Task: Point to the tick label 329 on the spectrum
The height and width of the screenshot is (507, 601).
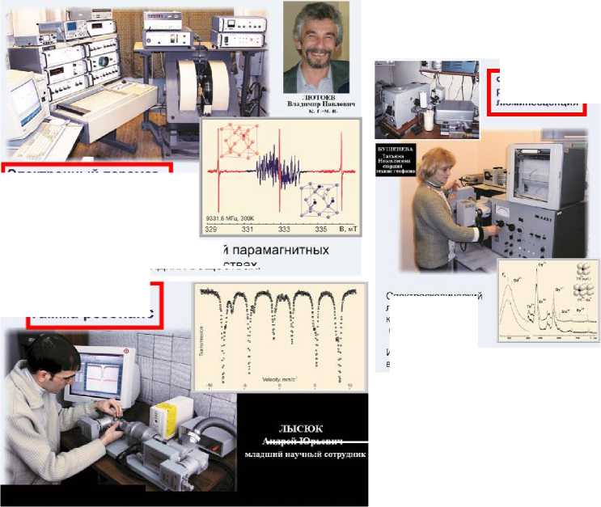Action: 211,230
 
